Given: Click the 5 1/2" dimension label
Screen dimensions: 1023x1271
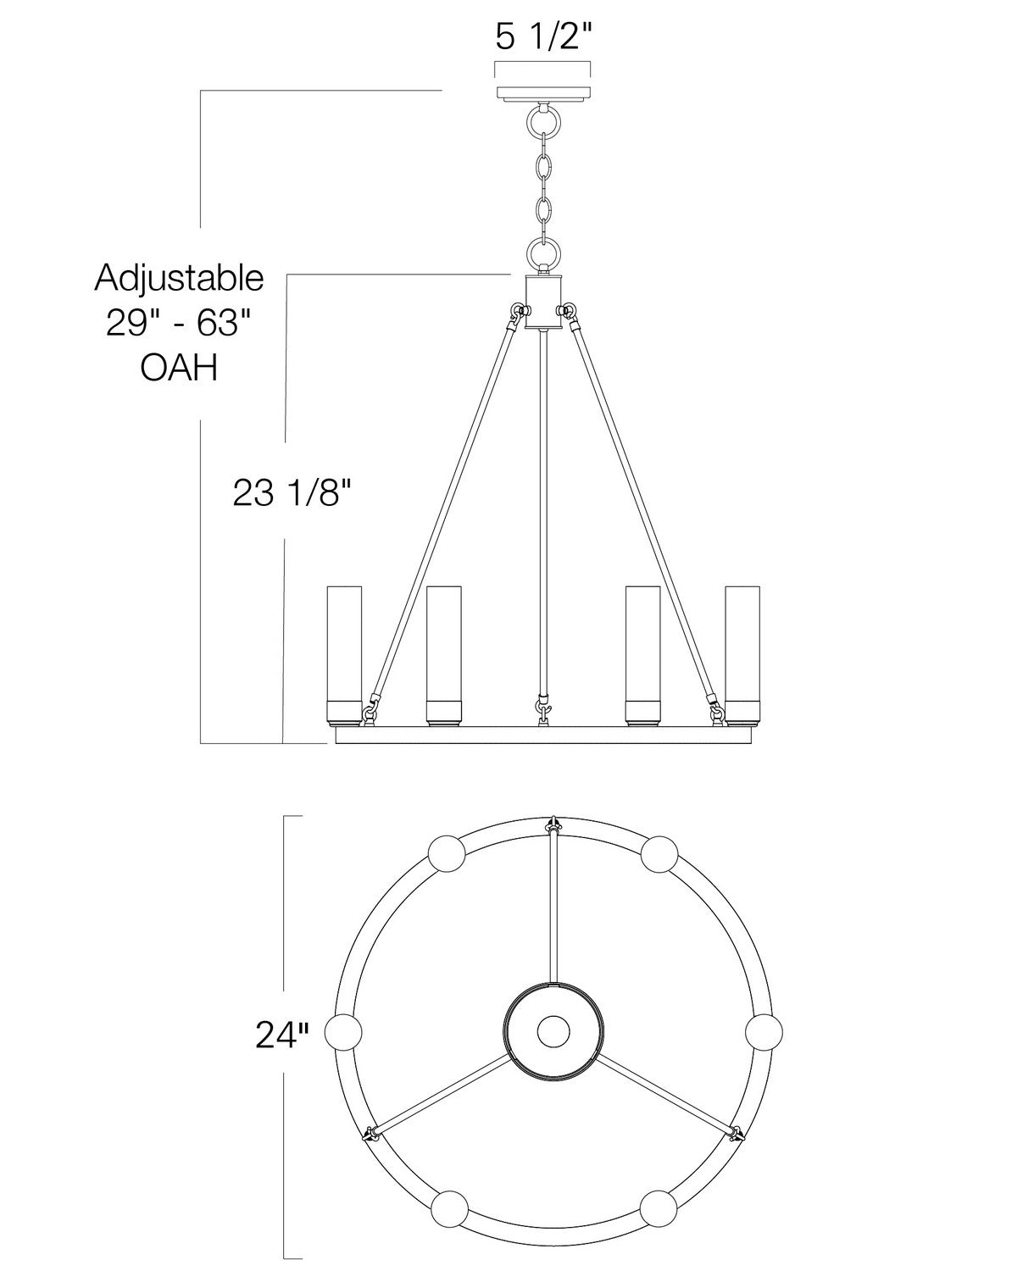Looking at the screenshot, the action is pos(543,38).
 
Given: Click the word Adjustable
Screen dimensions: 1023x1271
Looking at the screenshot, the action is pos(179,279).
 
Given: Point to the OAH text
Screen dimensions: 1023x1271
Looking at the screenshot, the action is pos(179,368).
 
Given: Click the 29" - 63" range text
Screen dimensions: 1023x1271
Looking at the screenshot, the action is pos(179,323).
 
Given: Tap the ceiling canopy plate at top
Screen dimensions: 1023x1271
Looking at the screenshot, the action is pos(543,93).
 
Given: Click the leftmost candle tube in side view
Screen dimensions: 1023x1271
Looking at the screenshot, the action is pos(344,656).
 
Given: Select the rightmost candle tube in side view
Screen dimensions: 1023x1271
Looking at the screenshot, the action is pos(742,656).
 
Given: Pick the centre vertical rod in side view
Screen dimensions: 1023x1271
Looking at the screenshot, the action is pos(543,511).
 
